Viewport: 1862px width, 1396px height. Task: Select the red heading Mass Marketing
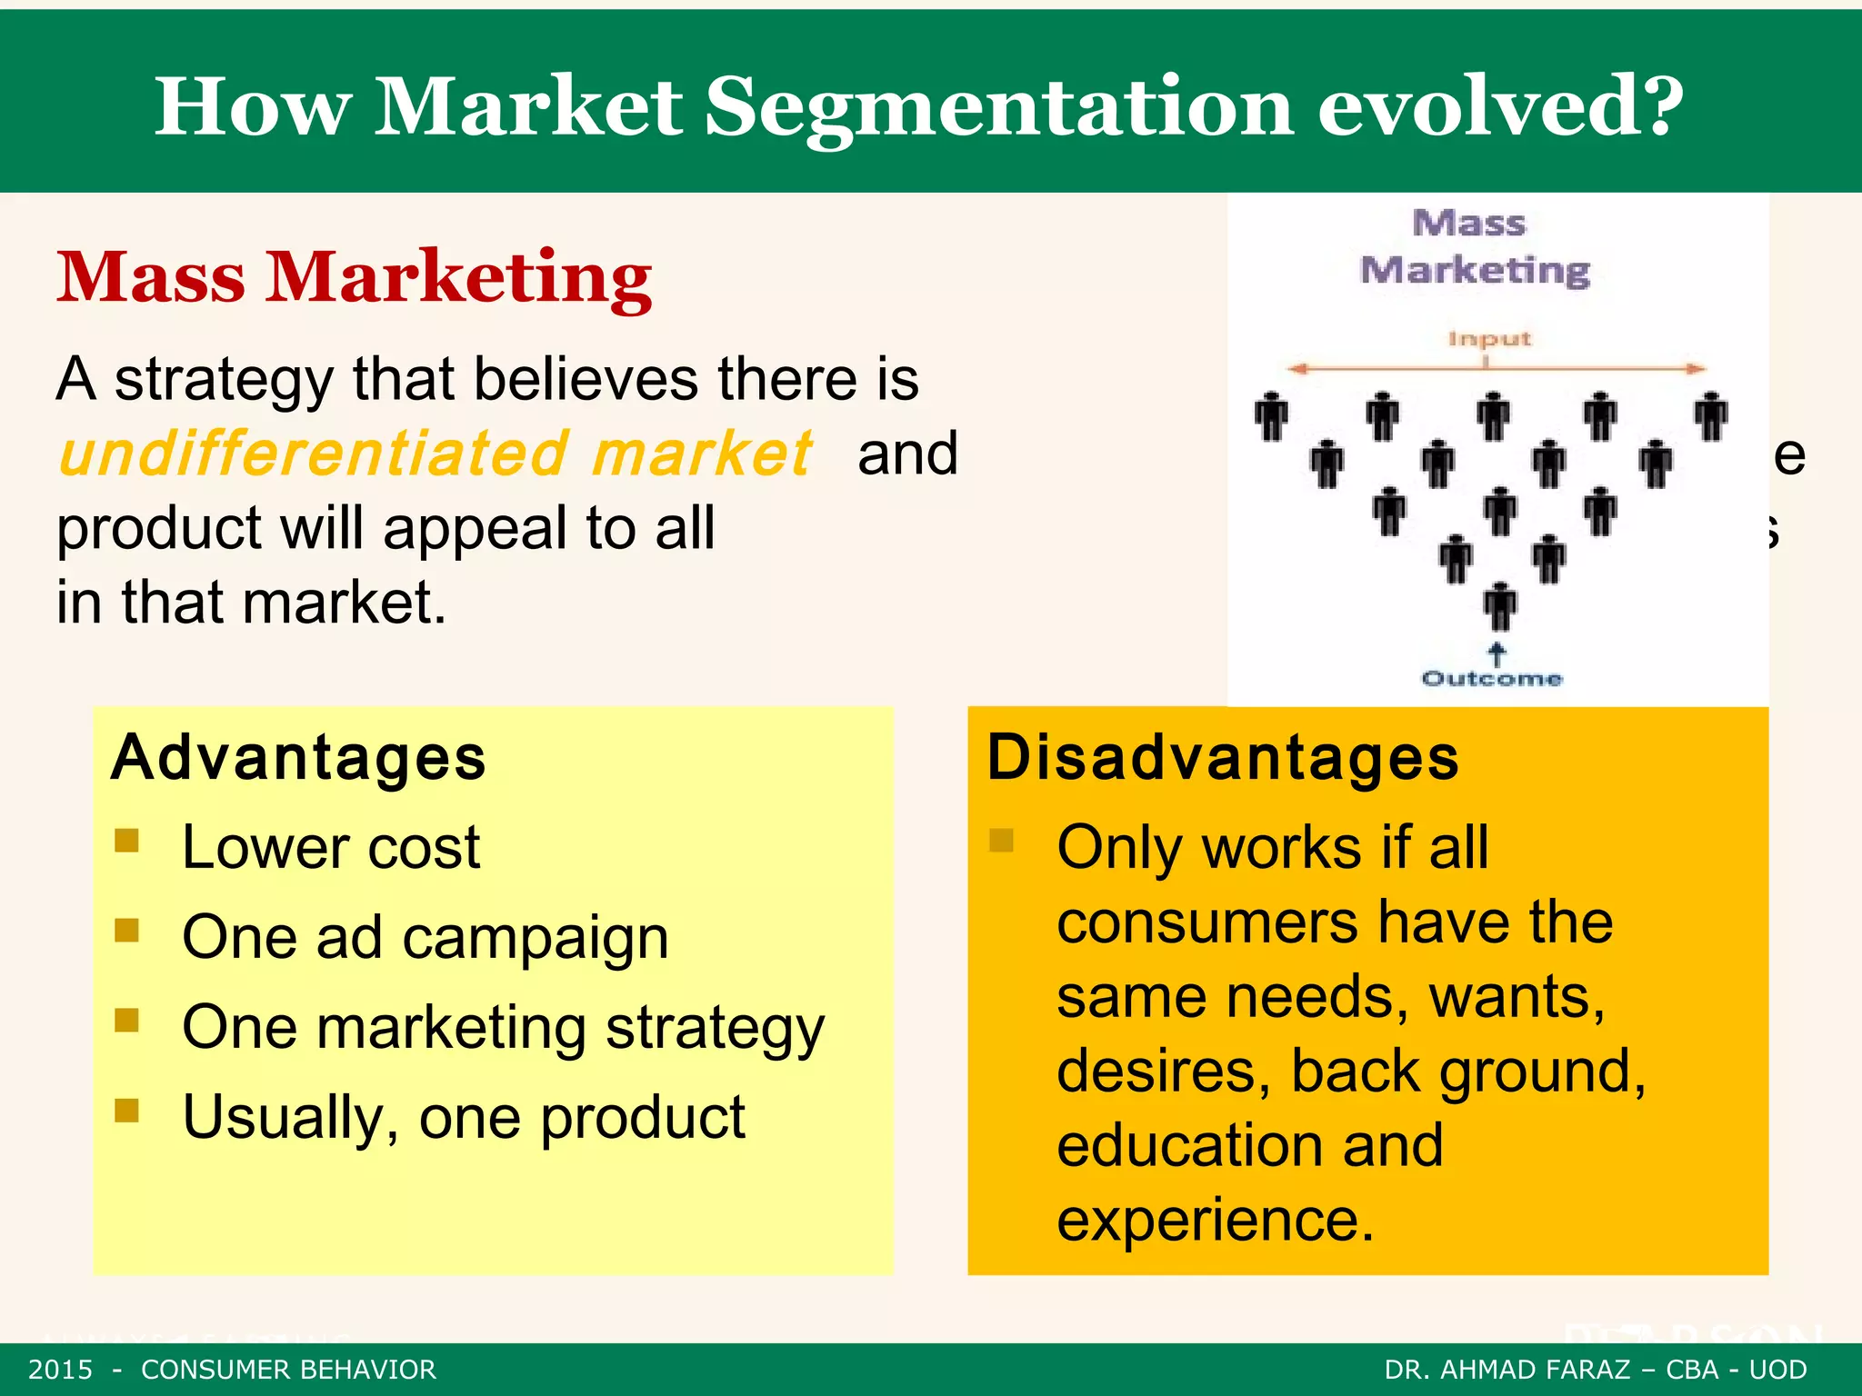[x=354, y=277]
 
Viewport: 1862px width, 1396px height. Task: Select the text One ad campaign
[x=425, y=937]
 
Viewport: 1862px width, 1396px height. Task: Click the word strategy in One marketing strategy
[x=715, y=1028]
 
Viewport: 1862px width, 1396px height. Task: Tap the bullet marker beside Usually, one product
[x=126, y=1110]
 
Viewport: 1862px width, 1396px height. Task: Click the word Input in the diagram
[x=1489, y=339]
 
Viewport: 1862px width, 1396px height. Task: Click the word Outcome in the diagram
[x=1492, y=679]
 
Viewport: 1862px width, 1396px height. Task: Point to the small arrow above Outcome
[x=1497, y=653]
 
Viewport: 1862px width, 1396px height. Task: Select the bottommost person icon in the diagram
[x=1500, y=607]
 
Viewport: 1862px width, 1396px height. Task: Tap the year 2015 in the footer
[x=61, y=1370]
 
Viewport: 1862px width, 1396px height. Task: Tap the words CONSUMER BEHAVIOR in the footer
[x=288, y=1370]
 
